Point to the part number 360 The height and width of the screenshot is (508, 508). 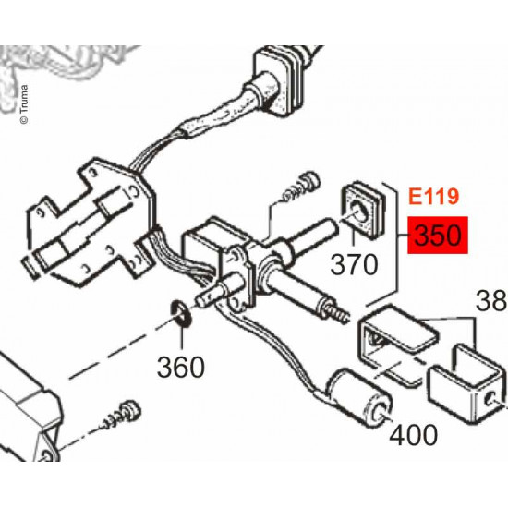[x=180, y=367]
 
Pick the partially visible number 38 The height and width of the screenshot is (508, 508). [x=490, y=301]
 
